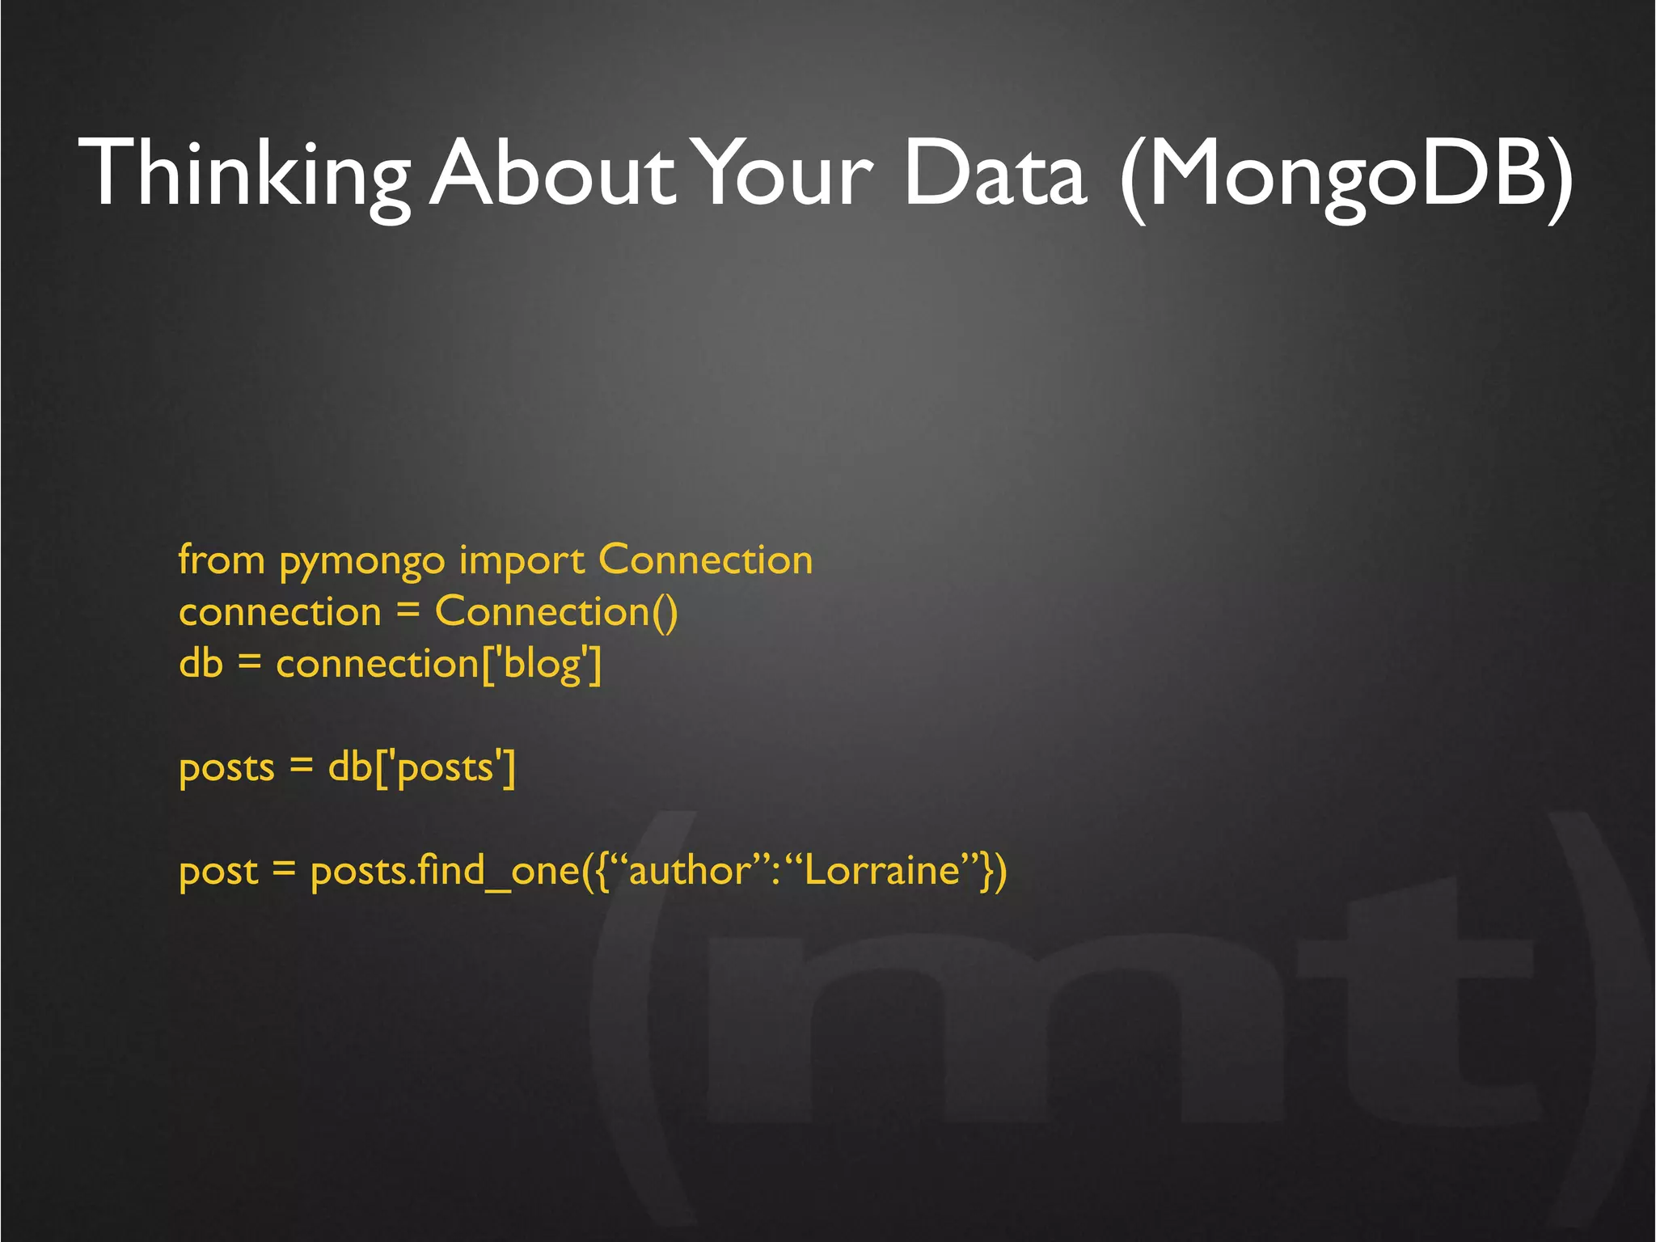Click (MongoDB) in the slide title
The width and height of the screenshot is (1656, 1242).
click(x=1347, y=174)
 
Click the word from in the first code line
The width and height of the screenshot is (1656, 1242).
click(x=222, y=560)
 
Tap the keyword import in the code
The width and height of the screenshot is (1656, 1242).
click(x=522, y=561)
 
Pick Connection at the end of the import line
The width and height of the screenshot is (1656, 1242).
click(x=705, y=560)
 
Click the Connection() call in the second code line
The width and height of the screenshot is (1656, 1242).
click(x=556, y=611)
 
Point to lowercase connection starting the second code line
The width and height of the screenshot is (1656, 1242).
click(x=280, y=612)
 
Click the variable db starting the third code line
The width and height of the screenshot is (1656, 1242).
click(x=201, y=663)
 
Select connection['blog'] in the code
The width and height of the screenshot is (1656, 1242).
click(x=439, y=665)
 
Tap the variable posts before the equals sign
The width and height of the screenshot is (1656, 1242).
click(x=226, y=768)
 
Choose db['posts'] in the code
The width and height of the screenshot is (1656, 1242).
click(x=421, y=768)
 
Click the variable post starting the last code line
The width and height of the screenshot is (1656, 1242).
click(x=218, y=872)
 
